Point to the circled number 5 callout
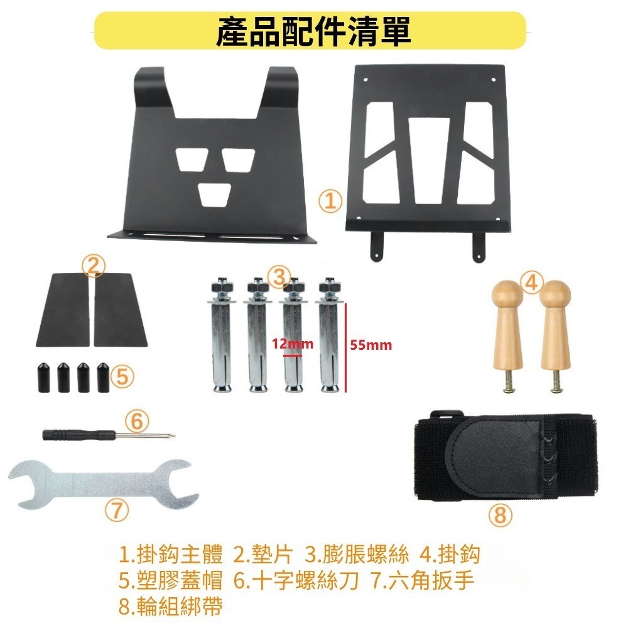coord(122,376)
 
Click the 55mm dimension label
coord(371,345)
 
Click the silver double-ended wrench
coord(104,483)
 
